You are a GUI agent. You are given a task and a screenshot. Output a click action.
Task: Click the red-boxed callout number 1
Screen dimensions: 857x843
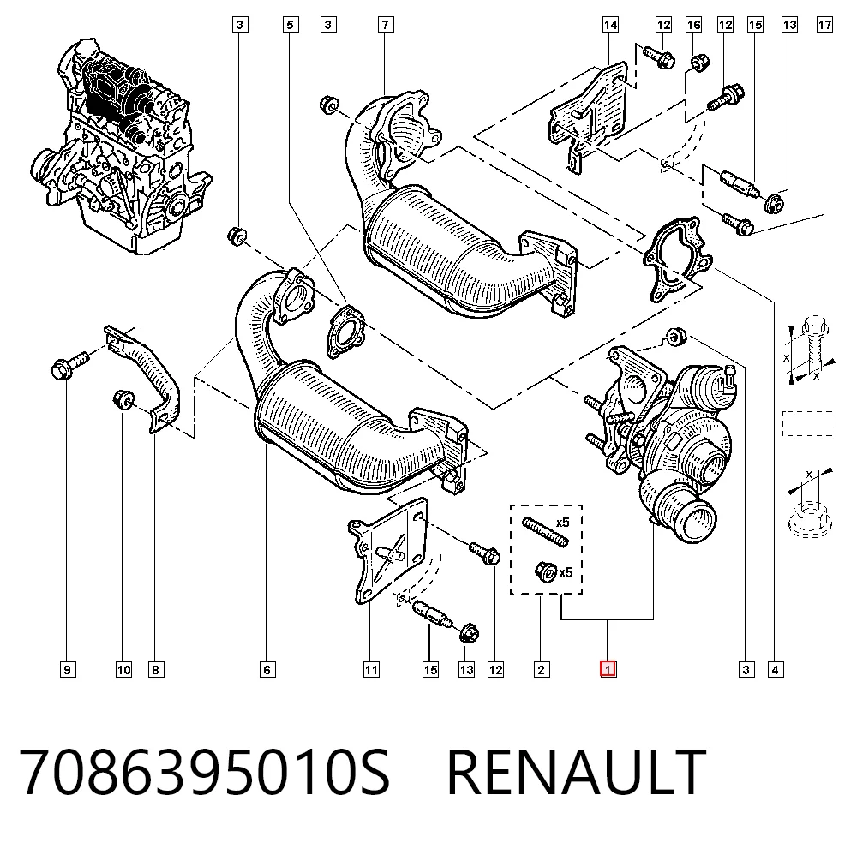(608, 669)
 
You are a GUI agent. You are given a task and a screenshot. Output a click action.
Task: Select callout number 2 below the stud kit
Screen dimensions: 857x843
(541, 669)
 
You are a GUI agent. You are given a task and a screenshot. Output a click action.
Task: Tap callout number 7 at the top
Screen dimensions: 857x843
(386, 25)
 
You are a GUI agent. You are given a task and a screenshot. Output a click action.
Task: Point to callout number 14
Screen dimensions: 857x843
(610, 25)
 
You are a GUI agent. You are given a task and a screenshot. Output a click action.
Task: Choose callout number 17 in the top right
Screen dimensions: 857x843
(824, 25)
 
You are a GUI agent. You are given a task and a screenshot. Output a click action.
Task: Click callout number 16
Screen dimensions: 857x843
(693, 25)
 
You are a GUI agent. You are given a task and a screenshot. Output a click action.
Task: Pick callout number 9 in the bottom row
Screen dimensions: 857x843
(67, 669)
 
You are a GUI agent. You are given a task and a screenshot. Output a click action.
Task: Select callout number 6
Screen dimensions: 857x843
(267, 669)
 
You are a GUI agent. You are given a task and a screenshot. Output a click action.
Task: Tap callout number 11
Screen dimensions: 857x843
(371, 669)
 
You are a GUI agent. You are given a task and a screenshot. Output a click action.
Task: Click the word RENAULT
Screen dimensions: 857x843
(577, 772)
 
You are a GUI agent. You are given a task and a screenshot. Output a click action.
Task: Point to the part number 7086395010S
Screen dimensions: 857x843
(205, 772)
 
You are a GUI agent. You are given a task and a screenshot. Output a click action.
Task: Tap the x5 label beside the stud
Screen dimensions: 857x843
(562, 523)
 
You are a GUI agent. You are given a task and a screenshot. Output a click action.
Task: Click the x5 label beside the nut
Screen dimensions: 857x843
(566, 572)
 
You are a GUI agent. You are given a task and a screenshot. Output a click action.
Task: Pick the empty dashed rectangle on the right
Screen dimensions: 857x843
(809, 423)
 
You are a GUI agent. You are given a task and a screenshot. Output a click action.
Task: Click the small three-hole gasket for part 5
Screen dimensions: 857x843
(345, 332)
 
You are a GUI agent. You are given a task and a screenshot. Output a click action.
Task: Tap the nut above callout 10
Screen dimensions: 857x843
(123, 398)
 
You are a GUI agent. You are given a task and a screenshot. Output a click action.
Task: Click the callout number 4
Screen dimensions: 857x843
(775, 669)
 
